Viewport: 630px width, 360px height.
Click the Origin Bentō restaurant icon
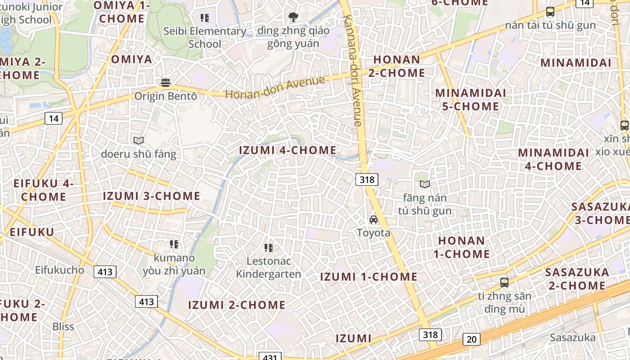[x=166, y=82]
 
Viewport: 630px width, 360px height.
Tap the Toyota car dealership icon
[x=373, y=220]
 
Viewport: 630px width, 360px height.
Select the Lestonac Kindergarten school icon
[x=269, y=247]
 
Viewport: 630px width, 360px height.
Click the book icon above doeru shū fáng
[x=139, y=140]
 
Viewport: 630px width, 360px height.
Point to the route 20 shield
[x=471, y=339]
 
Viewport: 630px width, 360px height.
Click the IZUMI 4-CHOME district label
[x=288, y=150]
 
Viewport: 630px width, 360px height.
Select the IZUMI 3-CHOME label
[x=152, y=196]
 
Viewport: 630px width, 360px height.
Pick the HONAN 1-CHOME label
[x=462, y=247]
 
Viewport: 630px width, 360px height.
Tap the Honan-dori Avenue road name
[x=275, y=88]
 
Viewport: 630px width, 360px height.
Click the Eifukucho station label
[x=59, y=270]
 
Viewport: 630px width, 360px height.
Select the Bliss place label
[x=63, y=327]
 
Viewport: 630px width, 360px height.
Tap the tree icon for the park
[x=293, y=18]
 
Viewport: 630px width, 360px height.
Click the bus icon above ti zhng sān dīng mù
[x=504, y=283]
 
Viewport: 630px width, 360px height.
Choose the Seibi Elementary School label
[x=205, y=37]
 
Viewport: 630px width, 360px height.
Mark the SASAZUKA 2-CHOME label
[x=577, y=279]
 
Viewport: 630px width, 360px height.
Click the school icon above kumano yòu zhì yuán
[x=174, y=244]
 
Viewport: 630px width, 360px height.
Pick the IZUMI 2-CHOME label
[x=237, y=305]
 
